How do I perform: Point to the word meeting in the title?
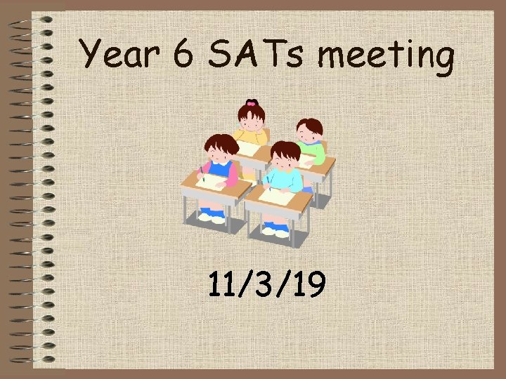[387, 57]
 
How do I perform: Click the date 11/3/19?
[266, 285]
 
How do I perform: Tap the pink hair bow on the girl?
[251, 103]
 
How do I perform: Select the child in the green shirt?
[310, 144]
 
